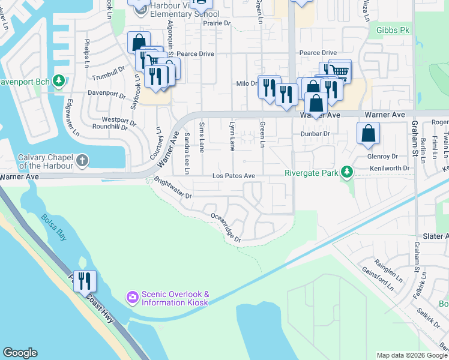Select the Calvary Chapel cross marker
82,161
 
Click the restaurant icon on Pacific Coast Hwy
85,280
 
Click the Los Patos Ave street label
234,176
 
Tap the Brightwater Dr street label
172,188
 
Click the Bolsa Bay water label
54,224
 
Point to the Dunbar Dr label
316,134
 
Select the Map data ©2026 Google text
412,355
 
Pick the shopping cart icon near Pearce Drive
340,71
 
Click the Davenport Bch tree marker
58,80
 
